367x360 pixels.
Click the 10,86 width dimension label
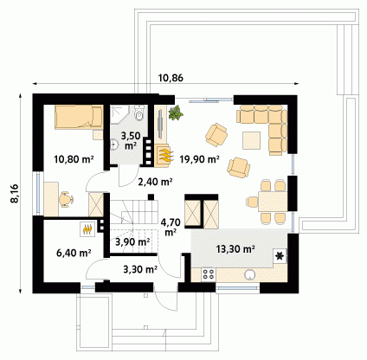pyautogui.click(x=171, y=78)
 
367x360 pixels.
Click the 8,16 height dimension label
pyautogui.click(x=15, y=193)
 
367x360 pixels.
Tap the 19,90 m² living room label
pyautogui.click(x=199, y=159)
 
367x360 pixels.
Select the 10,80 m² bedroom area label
pyautogui.click(x=74, y=159)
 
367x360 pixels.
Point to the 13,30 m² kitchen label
pyautogui.click(x=235, y=248)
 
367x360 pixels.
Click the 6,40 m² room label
pyautogui.click(x=74, y=253)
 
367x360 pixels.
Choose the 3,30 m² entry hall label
pyautogui.click(x=140, y=269)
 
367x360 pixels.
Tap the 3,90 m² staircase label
pyautogui.click(x=132, y=242)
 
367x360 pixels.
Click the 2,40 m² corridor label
pyautogui.click(x=155, y=182)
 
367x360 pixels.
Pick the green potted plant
pyautogui.click(x=176, y=112)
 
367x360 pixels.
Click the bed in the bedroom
pyautogui.click(x=79, y=117)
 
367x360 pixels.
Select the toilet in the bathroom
pyautogui.click(x=139, y=113)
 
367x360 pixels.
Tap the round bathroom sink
pyautogui.click(x=114, y=145)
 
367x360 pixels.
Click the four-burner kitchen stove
pyautogui.click(x=209, y=274)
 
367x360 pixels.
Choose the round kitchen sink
pyautogui.click(x=250, y=274)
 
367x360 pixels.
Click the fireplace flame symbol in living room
pyautogui.click(x=165, y=155)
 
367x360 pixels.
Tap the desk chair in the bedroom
pyautogui.click(x=66, y=199)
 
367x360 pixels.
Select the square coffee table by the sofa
pyautogui.click(x=251, y=140)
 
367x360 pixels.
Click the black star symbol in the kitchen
pyautogui.click(x=280, y=256)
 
